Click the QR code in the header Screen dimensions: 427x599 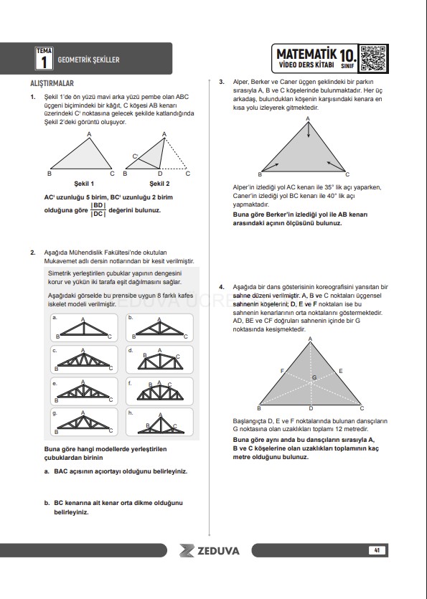[x=372, y=58]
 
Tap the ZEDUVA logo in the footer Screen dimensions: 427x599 [x=210, y=550]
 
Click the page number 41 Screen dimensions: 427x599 [x=377, y=550]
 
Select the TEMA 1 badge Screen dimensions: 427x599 [x=44, y=58]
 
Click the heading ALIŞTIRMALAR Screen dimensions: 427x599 [x=52, y=83]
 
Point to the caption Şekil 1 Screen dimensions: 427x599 [x=84, y=184]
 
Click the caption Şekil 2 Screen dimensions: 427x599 [x=159, y=184]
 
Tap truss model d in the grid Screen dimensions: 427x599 [x=159, y=360]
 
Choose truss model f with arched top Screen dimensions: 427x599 [x=159, y=392]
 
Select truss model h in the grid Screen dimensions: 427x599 [x=159, y=422]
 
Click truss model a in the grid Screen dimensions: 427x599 [x=84, y=328]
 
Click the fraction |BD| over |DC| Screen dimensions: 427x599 [x=98, y=209]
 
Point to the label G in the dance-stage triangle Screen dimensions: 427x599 [x=314, y=377]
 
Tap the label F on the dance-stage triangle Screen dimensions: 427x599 [x=282, y=371]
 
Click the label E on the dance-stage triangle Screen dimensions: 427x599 [x=341, y=371]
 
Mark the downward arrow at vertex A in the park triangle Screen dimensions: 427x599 [x=309, y=131]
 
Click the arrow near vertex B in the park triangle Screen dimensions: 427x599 [x=271, y=166]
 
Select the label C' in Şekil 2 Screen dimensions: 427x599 [x=136, y=156]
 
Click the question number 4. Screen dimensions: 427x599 [x=222, y=287]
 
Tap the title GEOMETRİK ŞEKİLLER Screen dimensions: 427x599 [x=89, y=60]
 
